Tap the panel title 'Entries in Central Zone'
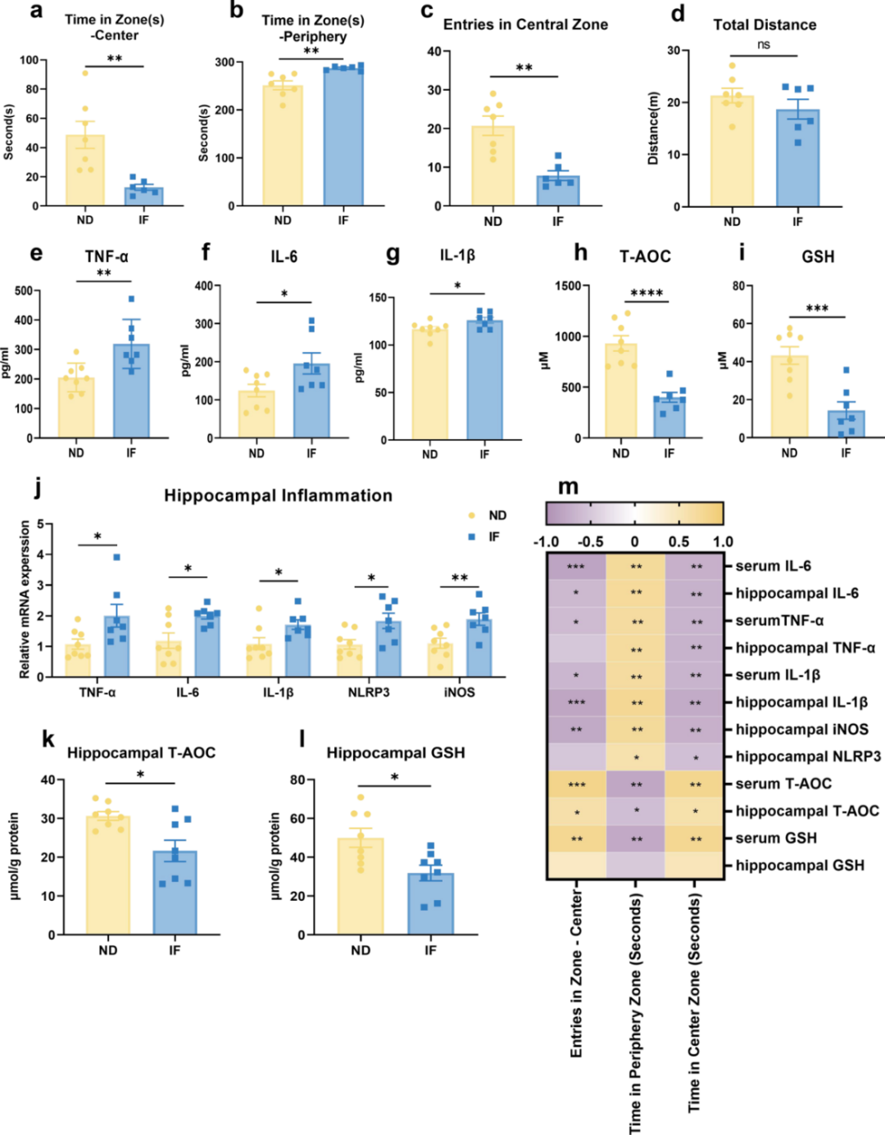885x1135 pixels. point(525,25)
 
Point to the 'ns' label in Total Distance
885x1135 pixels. point(764,45)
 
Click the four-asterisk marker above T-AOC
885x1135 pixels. point(647,293)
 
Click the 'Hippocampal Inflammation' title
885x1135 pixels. point(278,495)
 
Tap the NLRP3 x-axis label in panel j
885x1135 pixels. point(369,692)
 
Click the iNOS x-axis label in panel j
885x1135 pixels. point(459,692)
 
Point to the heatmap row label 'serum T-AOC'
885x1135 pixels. point(783,784)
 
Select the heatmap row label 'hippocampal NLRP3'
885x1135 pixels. point(808,757)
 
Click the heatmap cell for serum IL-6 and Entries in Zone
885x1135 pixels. point(576,566)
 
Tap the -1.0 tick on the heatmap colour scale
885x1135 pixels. point(547,542)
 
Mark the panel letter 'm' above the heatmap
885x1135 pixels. point(568,487)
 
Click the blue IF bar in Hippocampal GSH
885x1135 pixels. point(430,904)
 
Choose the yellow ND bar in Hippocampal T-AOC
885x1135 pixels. point(108,875)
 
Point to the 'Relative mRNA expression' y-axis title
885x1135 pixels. point(25,600)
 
